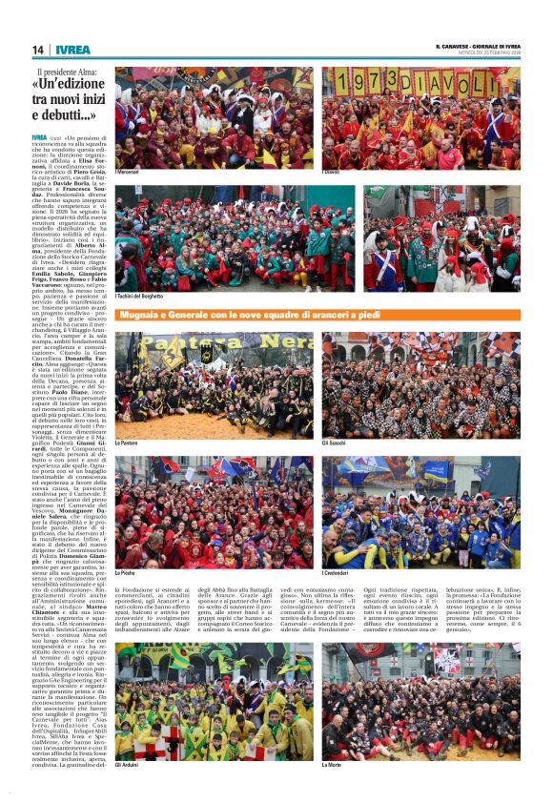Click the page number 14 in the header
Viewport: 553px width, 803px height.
38,50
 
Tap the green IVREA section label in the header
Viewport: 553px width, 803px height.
72,50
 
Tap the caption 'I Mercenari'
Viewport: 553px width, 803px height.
128,172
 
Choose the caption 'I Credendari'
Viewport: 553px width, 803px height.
337,572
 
